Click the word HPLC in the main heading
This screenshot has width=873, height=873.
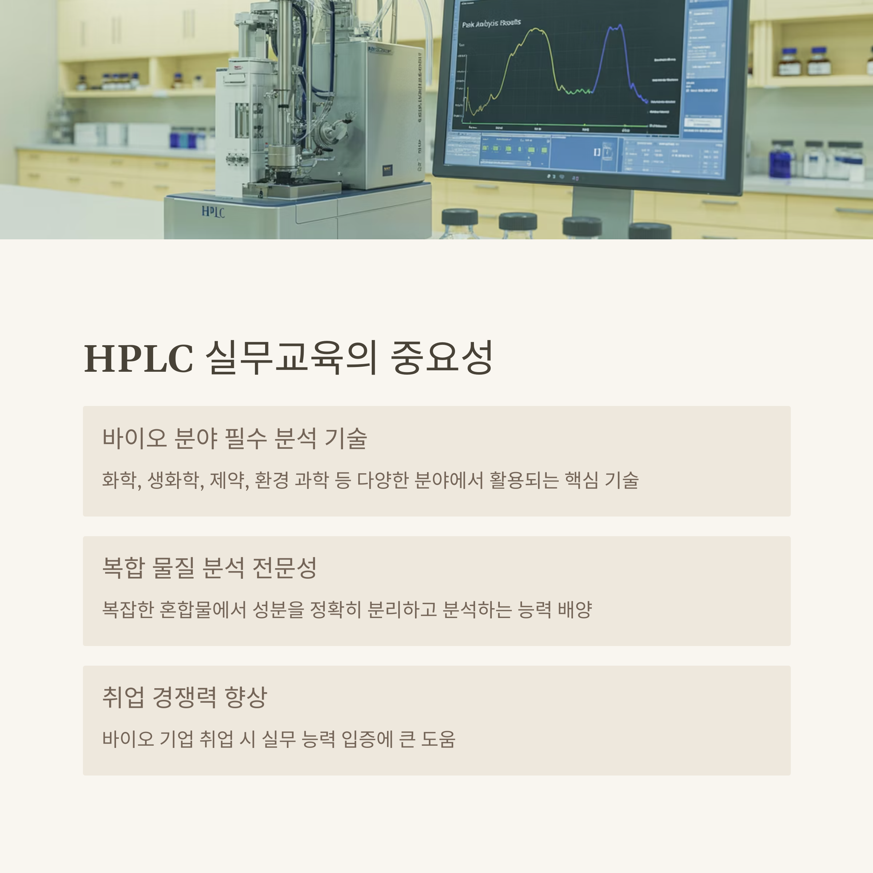click(139, 358)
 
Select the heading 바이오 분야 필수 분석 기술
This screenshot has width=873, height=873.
click(234, 438)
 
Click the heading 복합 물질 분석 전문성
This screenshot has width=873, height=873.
click(209, 567)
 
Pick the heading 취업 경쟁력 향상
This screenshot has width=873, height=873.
click(184, 697)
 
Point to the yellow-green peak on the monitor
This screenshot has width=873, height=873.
click(536, 32)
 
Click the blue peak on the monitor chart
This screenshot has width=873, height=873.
click(614, 29)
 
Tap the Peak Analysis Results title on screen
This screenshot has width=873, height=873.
click(491, 23)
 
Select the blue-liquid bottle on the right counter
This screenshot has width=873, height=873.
click(781, 158)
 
